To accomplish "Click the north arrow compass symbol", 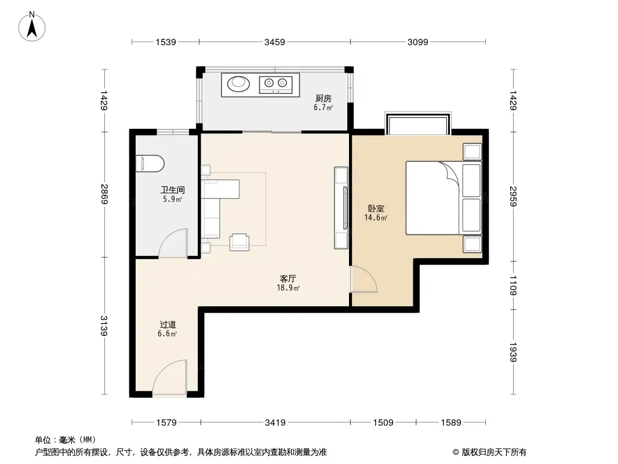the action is (x=32, y=27).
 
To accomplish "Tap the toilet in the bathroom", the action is (x=150, y=164).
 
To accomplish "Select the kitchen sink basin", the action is (x=238, y=83).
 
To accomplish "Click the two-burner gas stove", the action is (x=275, y=84).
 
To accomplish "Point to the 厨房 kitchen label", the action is (x=323, y=98).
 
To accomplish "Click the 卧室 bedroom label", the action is (x=376, y=208).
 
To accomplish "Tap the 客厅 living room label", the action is (x=288, y=279).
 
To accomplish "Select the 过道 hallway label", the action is (x=168, y=324).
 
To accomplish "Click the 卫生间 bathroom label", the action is (x=172, y=190).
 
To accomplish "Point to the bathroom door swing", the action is (x=173, y=243).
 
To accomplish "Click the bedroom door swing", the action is (x=363, y=279).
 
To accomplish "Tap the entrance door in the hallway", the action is (x=170, y=377).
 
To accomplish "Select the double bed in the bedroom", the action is (x=444, y=198).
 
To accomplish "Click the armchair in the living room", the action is (x=239, y=242).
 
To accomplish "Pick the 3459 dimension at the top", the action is (x=275, y=42).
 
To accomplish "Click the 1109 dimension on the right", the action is (x=512, y=285).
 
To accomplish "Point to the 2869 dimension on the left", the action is (x=104, y=194).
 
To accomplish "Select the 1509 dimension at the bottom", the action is (x=383, y=423).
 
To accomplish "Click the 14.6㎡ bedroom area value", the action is (x=376, y=217).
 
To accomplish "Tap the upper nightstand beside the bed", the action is (x=472, y=152).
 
